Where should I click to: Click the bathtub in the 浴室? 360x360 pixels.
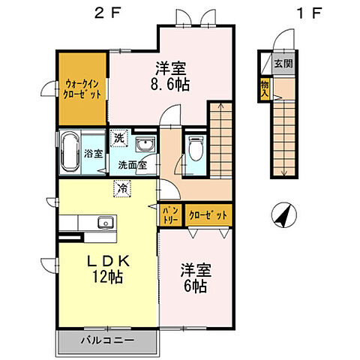click(x=71, y=152)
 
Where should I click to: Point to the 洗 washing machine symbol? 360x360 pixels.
click(x=120, y=137)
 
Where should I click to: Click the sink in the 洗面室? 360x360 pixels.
click(x=146, y=144)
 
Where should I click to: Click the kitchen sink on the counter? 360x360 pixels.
click(x=103, y=221)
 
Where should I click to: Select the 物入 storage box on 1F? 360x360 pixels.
click(x=265, y=88)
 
